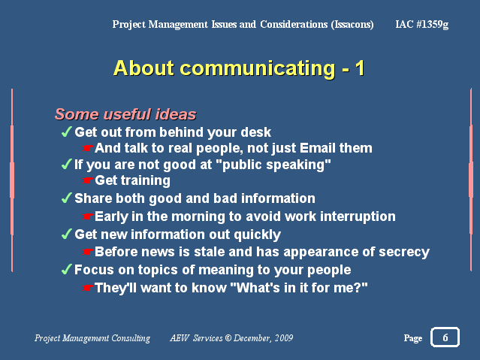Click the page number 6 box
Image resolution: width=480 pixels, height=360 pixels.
pos(445,337)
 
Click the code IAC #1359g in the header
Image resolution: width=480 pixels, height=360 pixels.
pos(422,24)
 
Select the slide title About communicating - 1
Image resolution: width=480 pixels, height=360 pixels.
pos(239,68)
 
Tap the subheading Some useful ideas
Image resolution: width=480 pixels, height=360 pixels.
pos(125,114)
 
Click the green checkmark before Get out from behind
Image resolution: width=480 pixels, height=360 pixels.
pos(66,132)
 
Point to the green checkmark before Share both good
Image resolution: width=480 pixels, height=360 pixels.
pos(66,198)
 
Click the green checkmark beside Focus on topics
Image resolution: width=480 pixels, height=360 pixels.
pos(66,269)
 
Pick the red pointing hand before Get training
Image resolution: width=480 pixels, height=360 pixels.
pos(87,180)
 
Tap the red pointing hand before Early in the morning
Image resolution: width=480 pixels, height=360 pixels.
pos(87,216)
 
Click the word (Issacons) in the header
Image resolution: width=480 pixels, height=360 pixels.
pos(352,24)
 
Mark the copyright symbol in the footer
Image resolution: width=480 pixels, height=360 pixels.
pos(228,338)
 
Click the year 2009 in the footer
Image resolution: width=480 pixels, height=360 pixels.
pos(284,338)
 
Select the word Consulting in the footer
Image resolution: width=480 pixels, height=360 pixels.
pos(131,338)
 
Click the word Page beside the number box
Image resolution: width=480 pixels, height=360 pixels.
pos(413,338)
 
